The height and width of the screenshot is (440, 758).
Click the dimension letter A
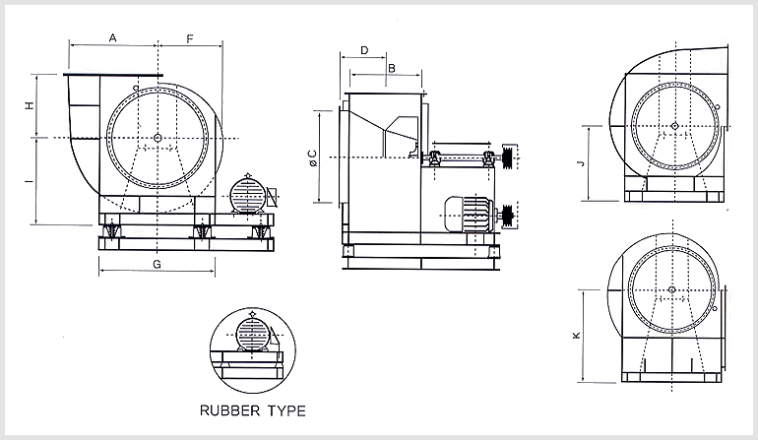tap(113, 37)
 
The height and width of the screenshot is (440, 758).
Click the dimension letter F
tap(190, 37)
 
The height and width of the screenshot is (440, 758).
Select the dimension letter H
tap(29, 105)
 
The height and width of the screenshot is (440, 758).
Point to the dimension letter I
tap(29, 182)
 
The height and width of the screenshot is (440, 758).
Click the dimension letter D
tap(363, 49)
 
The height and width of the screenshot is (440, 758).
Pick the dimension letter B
tap(391, 68)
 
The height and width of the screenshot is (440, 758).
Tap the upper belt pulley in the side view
tap(508, 157)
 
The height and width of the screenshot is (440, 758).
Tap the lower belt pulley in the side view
tap(508, 216)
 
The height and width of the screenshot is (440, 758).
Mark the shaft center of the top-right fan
tap(673, 125)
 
